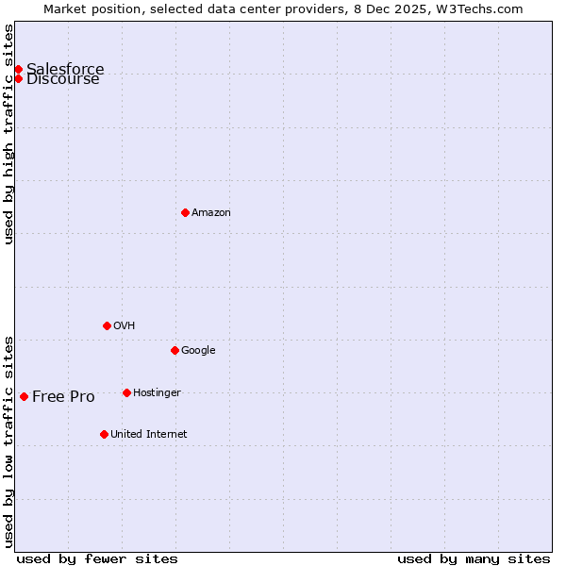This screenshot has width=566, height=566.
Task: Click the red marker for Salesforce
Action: [18, 69]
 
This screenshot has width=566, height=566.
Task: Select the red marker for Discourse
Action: [18, 78]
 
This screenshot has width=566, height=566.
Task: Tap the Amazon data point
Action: [185, 212]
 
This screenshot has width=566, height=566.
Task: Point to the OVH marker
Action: [107, 325]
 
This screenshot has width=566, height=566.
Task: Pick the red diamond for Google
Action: [175, 350]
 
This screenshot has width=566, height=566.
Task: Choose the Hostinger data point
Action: [126, 392]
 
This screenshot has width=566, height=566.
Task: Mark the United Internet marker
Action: [104, 434]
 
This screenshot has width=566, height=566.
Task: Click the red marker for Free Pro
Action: [24, 396]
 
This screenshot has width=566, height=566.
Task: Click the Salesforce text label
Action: [65, 69]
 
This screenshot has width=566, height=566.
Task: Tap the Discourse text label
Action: [63, 79]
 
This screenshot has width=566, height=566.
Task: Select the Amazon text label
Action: [211, 213]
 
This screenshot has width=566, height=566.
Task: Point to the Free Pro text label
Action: [63, 396]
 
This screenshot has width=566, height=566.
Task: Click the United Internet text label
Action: [148, 435]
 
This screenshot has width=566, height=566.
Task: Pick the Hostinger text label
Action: [157, 392]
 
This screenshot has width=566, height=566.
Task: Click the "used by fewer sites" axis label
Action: [97, 558]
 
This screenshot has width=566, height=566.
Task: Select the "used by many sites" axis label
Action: [474, 558]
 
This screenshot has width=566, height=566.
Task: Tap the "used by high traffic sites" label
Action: [8, 134]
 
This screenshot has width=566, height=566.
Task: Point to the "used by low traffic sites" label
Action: [8, 441]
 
